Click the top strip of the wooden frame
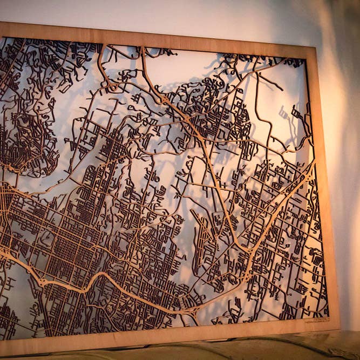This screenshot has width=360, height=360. tap(162, 38)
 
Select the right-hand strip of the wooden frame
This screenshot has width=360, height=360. tap(325, 189)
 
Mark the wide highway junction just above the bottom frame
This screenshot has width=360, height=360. tap(189, 313)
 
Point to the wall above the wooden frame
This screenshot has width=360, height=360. tap(162, 13)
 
